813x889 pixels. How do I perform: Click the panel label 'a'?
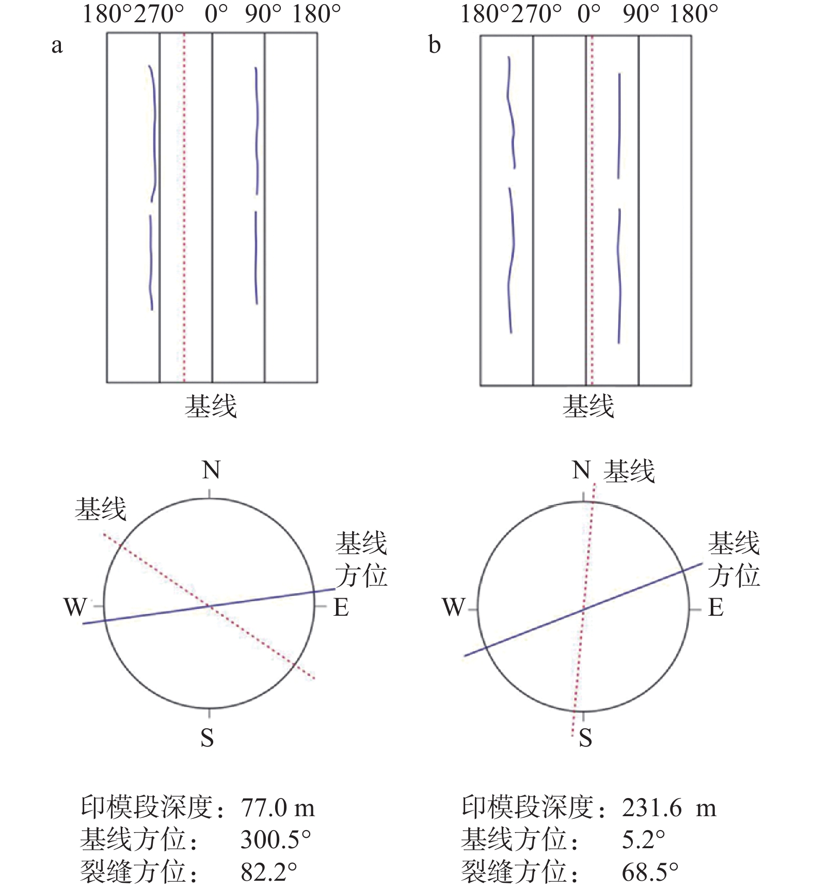(57, 46)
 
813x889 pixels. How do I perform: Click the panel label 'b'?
(435, 45)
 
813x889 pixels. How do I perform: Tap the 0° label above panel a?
(216, 14)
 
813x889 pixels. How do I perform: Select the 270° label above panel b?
(536, 14)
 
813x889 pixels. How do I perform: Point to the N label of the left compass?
(211, 470)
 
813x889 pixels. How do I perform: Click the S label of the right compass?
(585, 738)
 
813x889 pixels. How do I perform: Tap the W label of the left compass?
(75, 607)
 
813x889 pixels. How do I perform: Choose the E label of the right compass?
(715, 607)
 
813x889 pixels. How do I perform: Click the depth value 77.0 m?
(278, 808)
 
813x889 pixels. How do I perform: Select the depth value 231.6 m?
(669, 808)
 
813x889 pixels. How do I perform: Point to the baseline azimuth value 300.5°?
(276, 840)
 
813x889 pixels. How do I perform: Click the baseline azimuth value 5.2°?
(643, 840)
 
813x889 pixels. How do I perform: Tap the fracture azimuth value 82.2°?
(269, 872)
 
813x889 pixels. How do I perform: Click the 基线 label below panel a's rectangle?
(211, 406)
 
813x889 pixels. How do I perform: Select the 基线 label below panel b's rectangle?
(588, 406)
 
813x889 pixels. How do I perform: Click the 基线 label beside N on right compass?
(629, 471)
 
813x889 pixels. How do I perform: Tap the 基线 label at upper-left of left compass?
(101, 509)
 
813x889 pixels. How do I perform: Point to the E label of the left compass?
(341, 607)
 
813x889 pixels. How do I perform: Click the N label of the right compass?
(581, 470)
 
